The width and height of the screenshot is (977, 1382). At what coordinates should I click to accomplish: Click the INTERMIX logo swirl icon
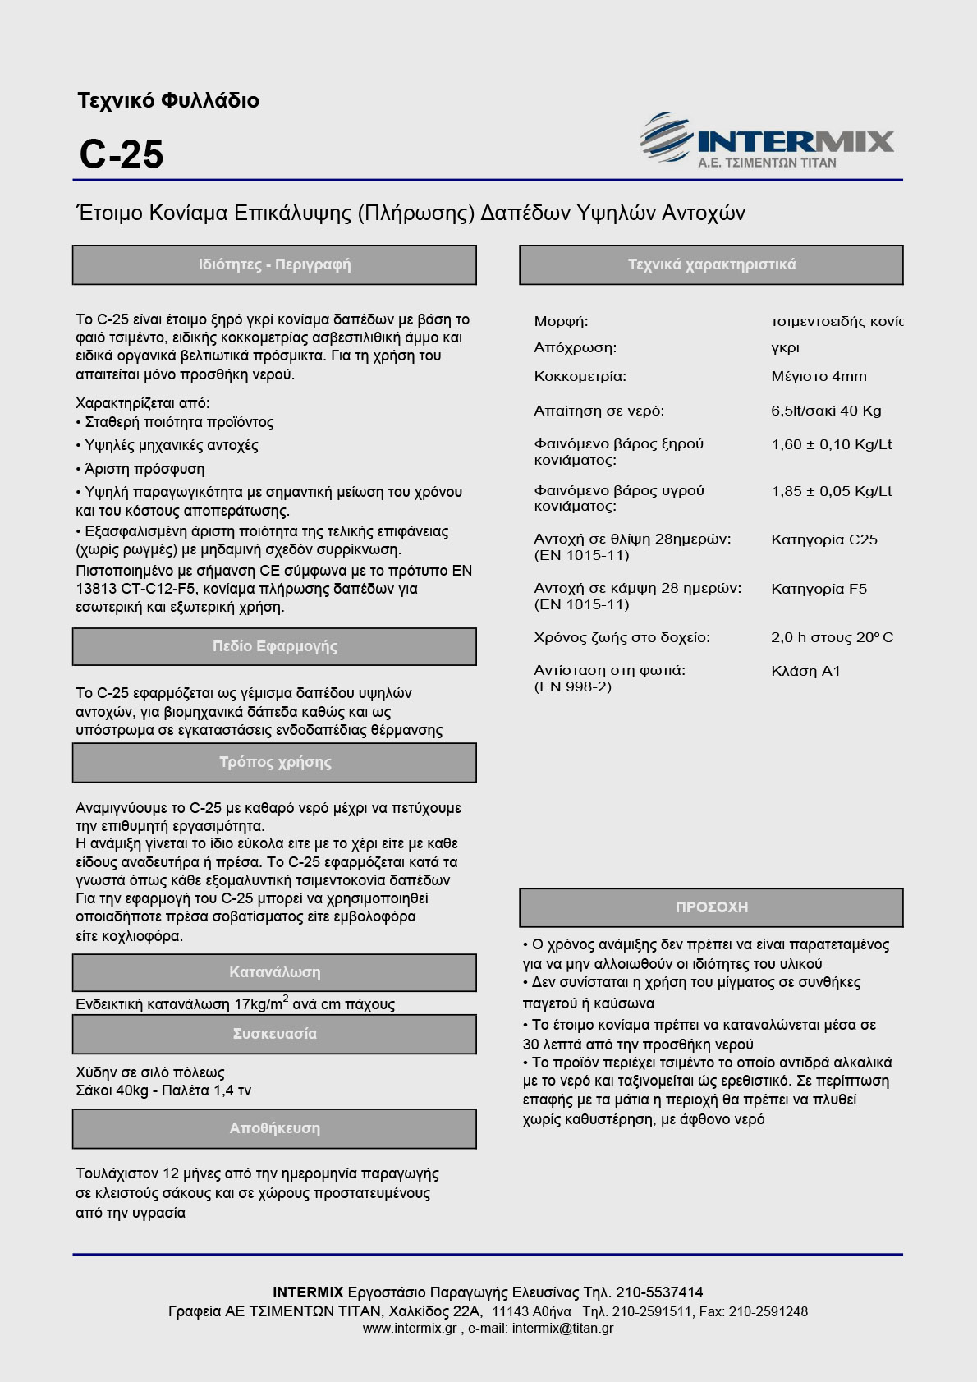click(x=665, y=138)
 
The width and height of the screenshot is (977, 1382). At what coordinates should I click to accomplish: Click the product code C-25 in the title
click(x=122, y=154)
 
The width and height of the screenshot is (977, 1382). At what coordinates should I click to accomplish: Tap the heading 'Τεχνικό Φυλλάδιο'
click(x=168, y=101)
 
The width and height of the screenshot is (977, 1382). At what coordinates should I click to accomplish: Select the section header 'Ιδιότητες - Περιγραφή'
click(x=274, y=264)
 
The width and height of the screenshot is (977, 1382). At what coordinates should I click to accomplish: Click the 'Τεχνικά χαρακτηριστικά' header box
click(x=711, y=264)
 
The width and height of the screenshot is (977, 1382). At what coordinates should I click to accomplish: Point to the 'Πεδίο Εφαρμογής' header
click(x=274, y=646)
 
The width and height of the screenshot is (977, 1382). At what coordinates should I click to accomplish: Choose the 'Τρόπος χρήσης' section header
click(x=274, y=762)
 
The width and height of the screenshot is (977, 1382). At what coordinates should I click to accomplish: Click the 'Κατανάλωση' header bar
click(x=274, y=972)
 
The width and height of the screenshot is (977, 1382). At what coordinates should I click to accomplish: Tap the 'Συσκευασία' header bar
click(x=274, y=1034)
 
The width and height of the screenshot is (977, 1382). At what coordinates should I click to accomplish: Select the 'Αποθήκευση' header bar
click(x=274, y=1128)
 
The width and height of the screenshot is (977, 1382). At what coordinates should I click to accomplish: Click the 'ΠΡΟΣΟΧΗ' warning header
click(x=711, y=907)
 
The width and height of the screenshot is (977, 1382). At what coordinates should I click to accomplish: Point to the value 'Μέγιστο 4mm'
click(x=819, y=377)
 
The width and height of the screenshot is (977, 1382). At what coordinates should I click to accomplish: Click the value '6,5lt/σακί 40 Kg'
click(x=826, y=411)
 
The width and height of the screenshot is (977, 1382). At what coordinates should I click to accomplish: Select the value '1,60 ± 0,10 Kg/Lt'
click(x=831, y=444)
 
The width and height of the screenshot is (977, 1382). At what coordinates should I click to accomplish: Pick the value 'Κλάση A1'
click(x=805, y=671)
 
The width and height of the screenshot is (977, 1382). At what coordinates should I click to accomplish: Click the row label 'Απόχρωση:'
click(x=575, y=347)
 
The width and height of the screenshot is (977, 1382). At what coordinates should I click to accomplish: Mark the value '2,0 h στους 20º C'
click(x=832, y=637)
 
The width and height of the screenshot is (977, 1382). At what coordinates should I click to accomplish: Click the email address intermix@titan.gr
click(x=562, y=1329)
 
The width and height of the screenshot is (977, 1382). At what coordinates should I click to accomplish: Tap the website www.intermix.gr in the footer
click(x=409, y=1329)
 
